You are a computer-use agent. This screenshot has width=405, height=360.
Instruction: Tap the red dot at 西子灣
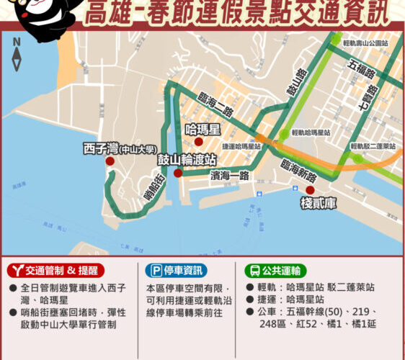(110, 161)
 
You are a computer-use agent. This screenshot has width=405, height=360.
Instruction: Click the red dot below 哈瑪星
(198, 142)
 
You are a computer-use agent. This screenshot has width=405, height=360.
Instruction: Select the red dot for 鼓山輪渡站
(178, 173)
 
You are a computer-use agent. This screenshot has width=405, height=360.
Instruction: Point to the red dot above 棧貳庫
(310, 190)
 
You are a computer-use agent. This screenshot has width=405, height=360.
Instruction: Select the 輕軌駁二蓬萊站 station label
(373, 145)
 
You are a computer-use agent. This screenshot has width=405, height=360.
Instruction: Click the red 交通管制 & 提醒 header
(55, 271)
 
